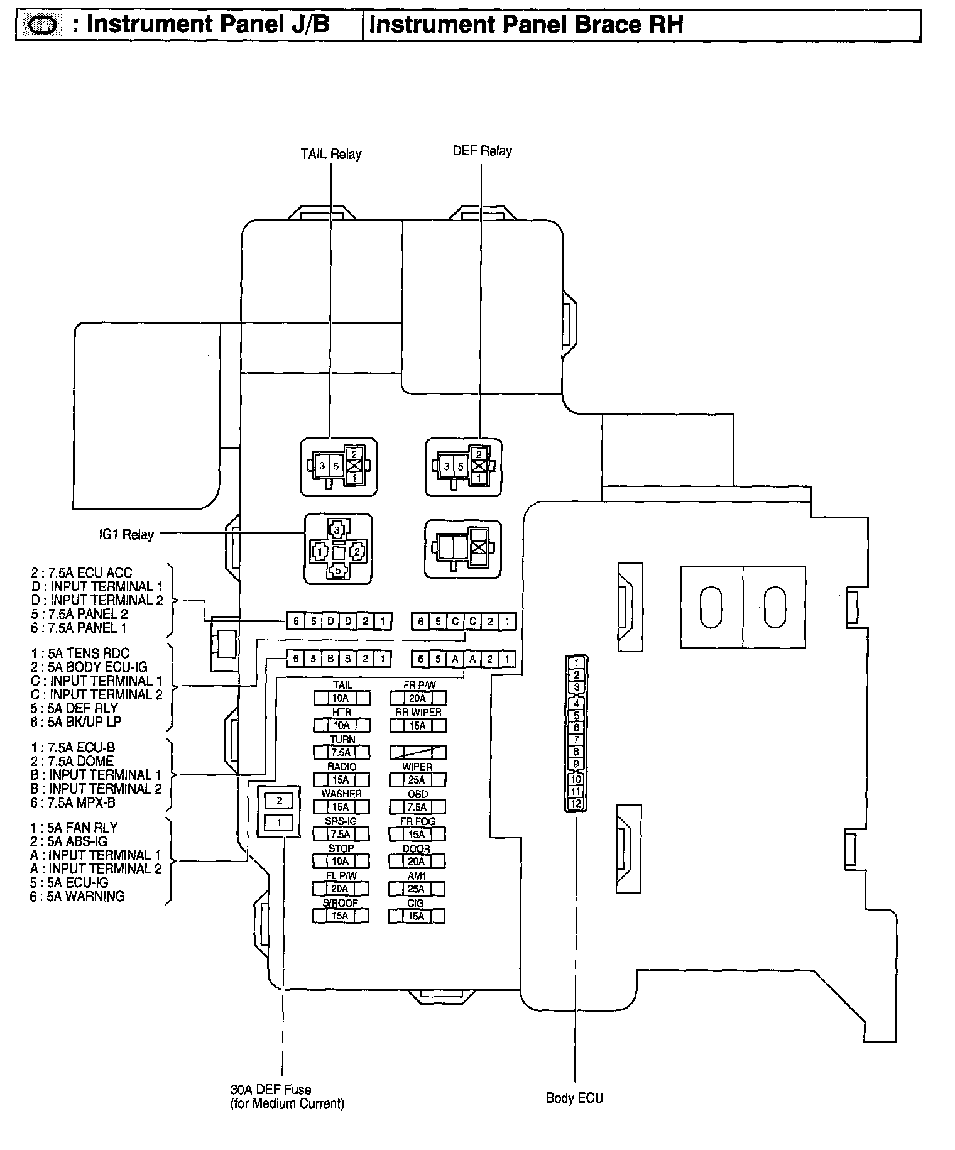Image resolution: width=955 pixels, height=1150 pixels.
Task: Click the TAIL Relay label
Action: pos(330,154)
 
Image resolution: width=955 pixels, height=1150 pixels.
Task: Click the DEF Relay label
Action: pos(482,151)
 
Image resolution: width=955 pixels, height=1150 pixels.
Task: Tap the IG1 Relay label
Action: pos(126,535)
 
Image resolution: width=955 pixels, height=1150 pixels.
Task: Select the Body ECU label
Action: pos(574,1098)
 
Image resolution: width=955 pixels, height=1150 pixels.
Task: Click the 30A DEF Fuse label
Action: pos(271,1090)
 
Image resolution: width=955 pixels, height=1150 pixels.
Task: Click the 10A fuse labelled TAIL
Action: pos(341,698)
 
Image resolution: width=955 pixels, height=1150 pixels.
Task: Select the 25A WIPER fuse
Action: pos(417,780)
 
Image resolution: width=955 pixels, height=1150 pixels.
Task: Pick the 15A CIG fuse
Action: pos(417,916)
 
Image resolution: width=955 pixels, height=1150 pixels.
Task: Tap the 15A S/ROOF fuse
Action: pos(340,916)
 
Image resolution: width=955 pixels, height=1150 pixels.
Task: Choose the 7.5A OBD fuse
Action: pos(417,807)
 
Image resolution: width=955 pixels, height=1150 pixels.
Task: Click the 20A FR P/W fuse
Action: pos(418,698)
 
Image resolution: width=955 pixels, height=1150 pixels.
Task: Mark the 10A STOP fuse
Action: pos(341,862)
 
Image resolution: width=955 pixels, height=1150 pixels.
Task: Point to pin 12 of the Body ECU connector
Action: pos(576,804)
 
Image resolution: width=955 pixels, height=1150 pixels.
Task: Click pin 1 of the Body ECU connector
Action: pos(576,662)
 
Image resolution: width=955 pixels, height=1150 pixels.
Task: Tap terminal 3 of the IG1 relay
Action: pos(337,530)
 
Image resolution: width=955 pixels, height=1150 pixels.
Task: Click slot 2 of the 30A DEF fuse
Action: pos(280,801)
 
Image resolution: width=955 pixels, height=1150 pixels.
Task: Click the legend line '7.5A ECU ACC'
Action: pos(82,572)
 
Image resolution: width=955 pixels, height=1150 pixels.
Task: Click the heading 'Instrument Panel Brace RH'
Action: pos(525,25)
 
